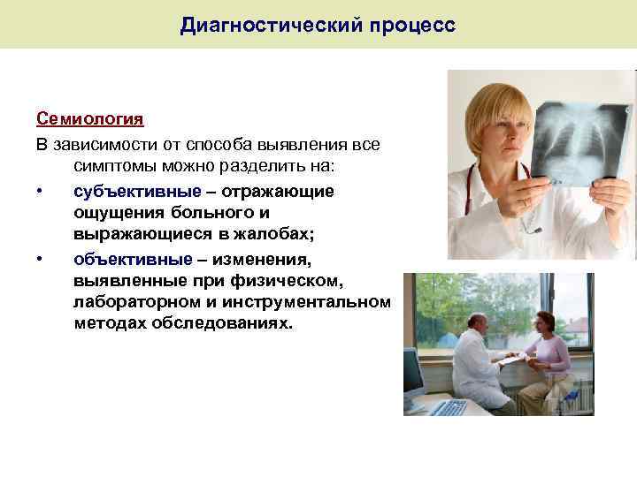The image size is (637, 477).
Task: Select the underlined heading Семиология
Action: (x=90, y=118)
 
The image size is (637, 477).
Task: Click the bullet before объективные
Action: (x=41, y=260)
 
